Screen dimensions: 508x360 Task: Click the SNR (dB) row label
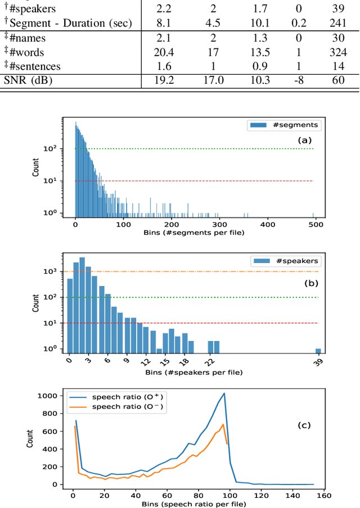(28, 80)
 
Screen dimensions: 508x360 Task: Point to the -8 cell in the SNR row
(298, 80)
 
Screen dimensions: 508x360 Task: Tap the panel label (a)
(304, 140)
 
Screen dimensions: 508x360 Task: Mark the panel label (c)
(304, 425)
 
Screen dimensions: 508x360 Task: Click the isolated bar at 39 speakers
(318, 350)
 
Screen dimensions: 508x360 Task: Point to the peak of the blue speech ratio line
(224, 393)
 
